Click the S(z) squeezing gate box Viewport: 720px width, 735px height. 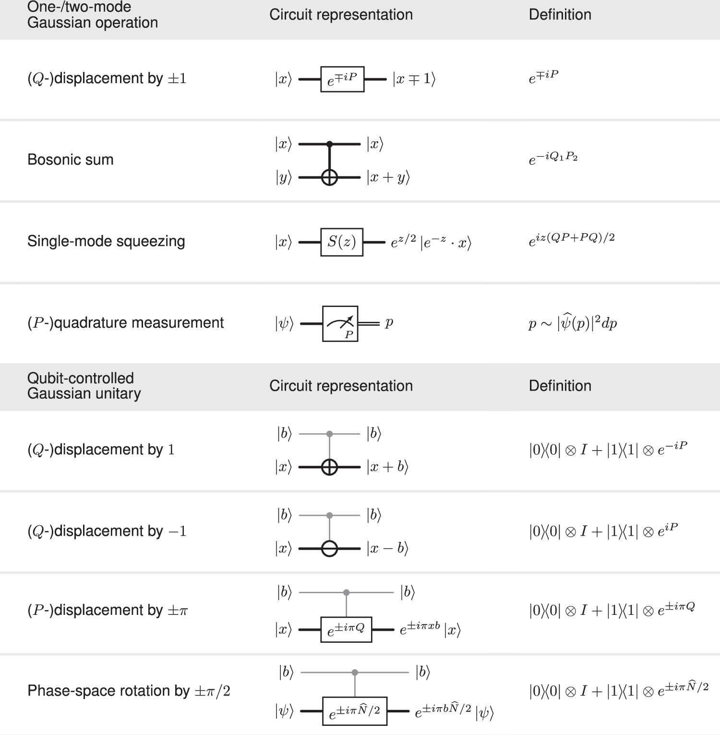[342, 242]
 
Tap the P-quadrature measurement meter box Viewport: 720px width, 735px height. [340, 324]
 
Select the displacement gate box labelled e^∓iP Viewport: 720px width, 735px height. [342, 79]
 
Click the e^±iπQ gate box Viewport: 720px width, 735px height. [346, 629]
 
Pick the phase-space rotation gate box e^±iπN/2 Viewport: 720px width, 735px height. [355, 711]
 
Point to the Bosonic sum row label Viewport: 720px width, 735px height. [71, 159]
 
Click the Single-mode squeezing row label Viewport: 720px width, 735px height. [106, 241]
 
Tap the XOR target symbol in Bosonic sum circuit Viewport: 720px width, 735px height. [329, 178]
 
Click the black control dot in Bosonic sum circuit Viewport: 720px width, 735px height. [329, 144]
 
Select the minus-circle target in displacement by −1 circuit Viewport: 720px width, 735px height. [329, 549]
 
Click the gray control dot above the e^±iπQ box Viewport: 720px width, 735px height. [346, 593]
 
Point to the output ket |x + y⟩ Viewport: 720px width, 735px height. [388, 178]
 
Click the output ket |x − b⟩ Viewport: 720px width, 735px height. [387, 549]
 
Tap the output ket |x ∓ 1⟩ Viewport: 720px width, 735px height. [414, 79]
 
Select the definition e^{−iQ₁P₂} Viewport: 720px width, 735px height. [553, 159]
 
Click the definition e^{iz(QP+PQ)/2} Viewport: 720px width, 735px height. [572, 239]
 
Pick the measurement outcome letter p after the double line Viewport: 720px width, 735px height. [389, 323]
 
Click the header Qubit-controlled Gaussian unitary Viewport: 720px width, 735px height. [84, 386]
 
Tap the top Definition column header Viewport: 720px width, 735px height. [560, 15]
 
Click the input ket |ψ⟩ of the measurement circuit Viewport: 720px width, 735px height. [284, 324]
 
